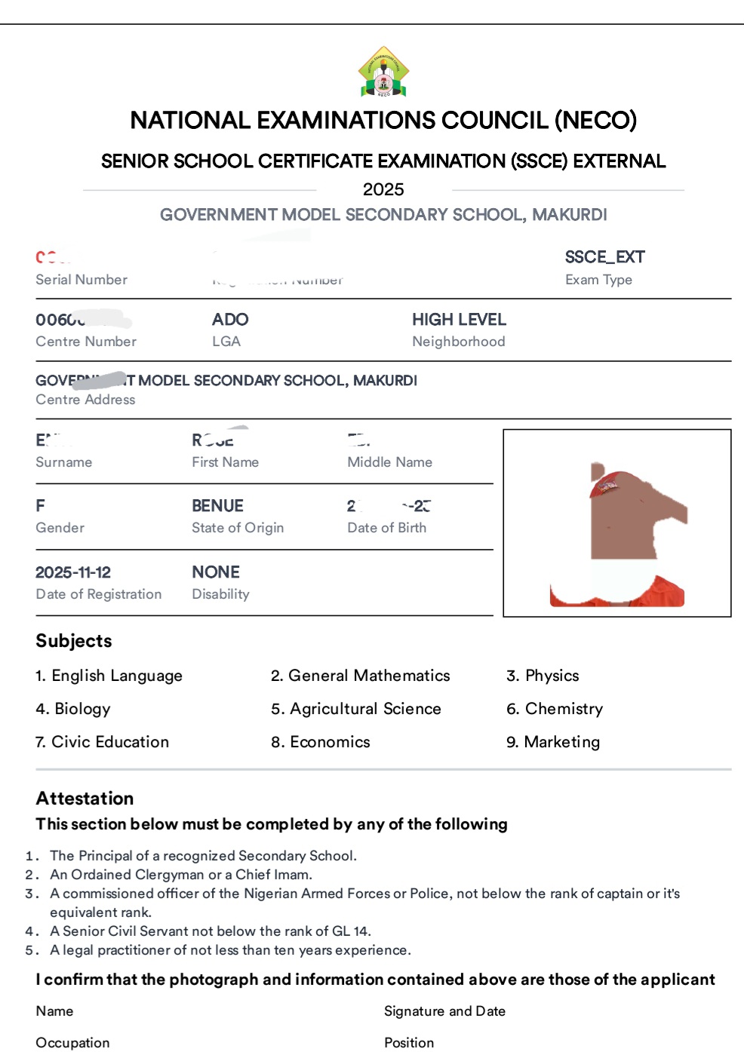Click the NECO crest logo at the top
(x=383, y=72)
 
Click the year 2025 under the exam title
(x=383, y=189)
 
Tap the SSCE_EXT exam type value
(x=604, y=257)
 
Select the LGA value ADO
(x=230, y=320)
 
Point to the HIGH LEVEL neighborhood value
(x=459, y=320)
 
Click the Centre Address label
(x=85, y=400)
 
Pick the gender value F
(x=40, y=506)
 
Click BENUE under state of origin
(x=217, y=506)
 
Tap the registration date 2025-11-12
(x=73, y=572)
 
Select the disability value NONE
(x=216, y=572)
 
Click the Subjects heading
(x=74, y=641)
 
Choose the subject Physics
(x=552, y=676)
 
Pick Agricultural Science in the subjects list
(x=365, y=709)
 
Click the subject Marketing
(x=561, y=742)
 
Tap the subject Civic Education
(x=110, y=742)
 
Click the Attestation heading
(x=85, y=799)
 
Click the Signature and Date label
(x=444, y=1011)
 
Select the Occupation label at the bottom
(x=72, y=1043)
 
